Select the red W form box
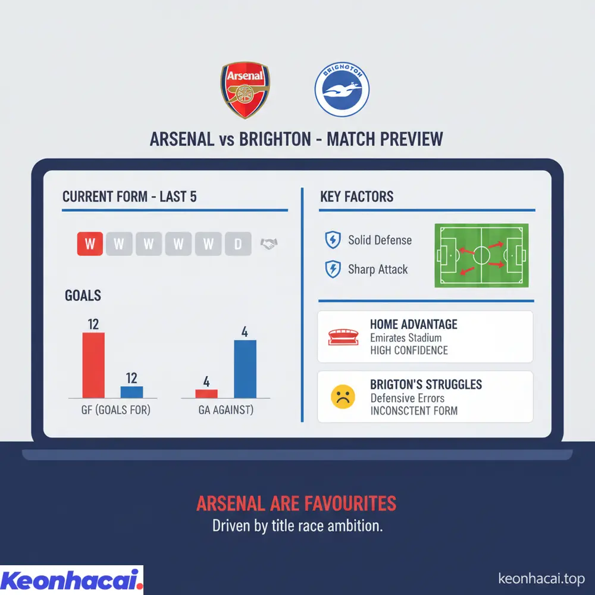coord(90,243)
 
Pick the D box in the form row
coord(238,243)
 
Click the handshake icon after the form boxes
coord(270,243)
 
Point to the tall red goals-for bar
coord(93,365)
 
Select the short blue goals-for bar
coord(131,392)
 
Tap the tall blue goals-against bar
coord(245,368)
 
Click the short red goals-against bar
coord(206,393)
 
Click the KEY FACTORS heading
coord(356,197)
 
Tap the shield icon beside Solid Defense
coord(331,240)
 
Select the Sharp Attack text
coord(378,270)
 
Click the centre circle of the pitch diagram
coord(481,256)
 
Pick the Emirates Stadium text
coord(406,338)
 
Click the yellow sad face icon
coord(342,397)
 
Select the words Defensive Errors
coord(407,398)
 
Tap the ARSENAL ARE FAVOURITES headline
coord(296,503)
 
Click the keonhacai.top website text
coord(540,578)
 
